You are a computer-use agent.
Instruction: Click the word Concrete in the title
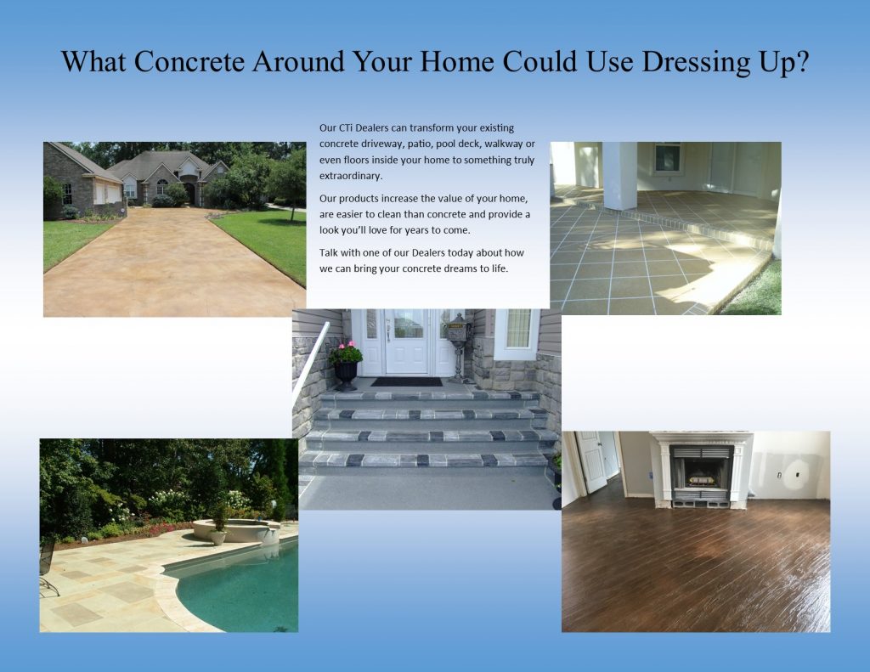tap(189, 61)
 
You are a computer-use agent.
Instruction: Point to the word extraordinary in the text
tap(351, 176)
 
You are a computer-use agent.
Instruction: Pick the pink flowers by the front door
tap(345, 353)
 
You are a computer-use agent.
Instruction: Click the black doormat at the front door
tap(406, 381)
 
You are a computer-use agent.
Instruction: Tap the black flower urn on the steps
tap(346, 376)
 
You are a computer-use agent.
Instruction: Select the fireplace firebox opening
tap(700, 474)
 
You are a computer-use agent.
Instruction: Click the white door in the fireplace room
tap(592, 461)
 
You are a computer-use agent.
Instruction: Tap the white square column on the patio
tap(619, 175)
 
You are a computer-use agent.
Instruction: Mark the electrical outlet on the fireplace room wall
tap(779, 474)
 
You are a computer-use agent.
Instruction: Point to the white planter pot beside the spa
tap(217, 537)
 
